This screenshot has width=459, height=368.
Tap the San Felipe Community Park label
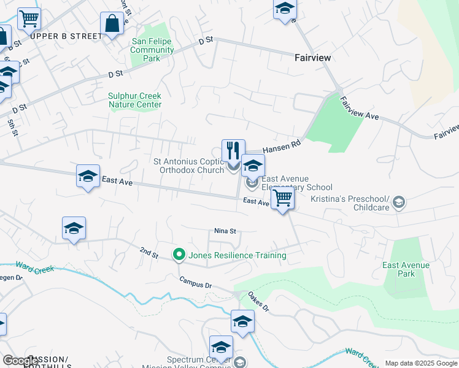[152, 50]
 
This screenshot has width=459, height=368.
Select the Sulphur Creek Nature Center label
[134, 100]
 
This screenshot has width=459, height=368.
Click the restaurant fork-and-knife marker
[233, 150]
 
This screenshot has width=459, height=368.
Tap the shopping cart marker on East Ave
[282, 198]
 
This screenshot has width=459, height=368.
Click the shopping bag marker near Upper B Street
[113, 25]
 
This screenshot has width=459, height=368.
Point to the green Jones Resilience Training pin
[179, 253]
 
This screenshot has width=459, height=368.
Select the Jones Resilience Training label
[237, 255]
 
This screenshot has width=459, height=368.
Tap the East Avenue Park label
[406, 269]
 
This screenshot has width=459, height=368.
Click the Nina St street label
[225, 231]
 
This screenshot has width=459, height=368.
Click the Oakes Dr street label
[258, 301]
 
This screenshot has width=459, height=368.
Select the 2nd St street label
[148, 251]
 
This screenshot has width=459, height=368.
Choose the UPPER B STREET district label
[66, 36]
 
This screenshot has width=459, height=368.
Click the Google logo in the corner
[20, 361]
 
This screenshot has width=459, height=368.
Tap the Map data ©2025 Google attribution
[420, 363]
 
